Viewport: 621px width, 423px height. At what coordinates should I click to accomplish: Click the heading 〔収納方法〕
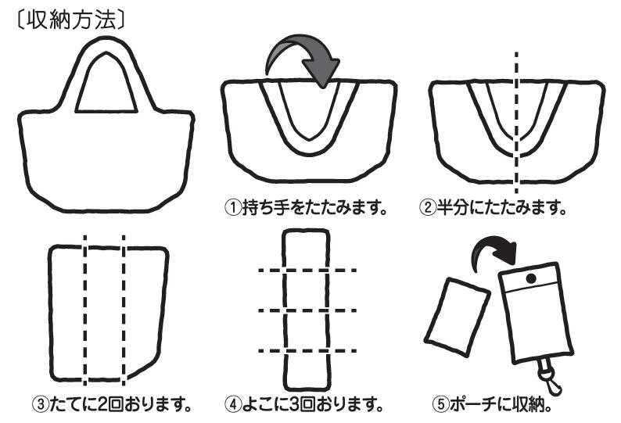pos(68,19)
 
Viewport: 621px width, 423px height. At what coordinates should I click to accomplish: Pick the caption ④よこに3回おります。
pos(306,405)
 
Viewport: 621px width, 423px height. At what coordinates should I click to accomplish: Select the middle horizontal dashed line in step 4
pos(307,310)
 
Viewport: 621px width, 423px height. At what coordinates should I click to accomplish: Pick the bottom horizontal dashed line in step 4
pos(307,350)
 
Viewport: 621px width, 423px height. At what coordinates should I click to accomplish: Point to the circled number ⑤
pos(440,405)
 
